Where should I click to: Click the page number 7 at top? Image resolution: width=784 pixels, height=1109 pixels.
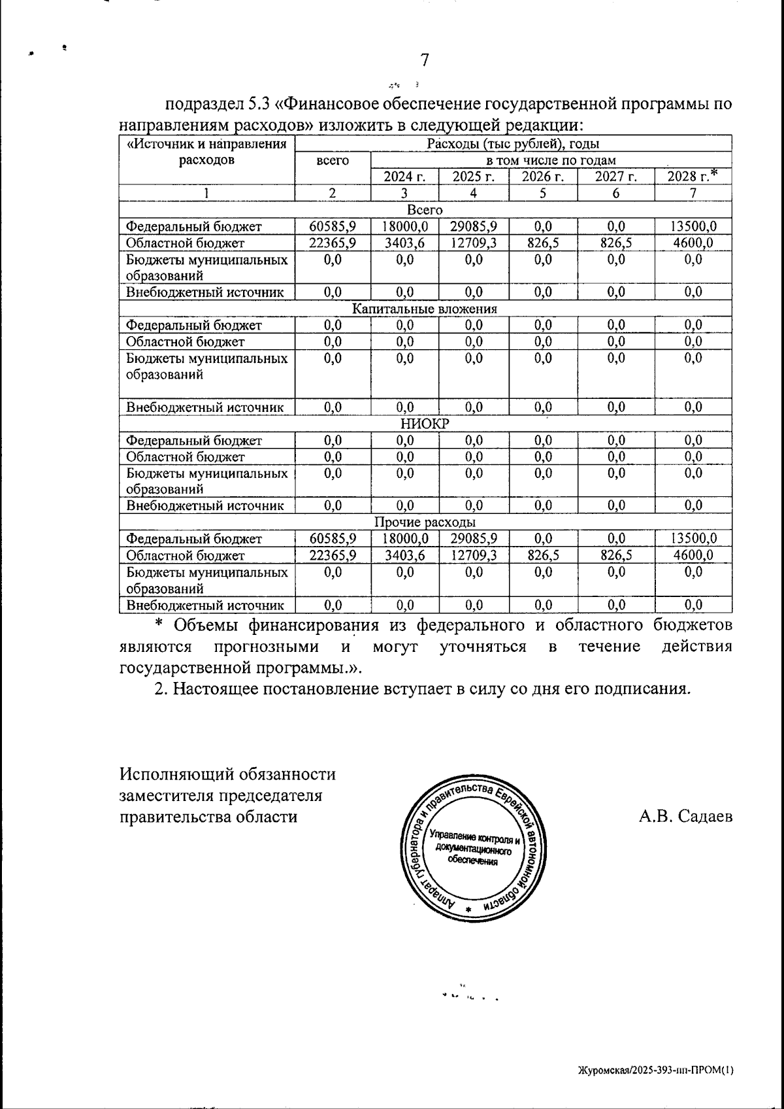pos(424,60)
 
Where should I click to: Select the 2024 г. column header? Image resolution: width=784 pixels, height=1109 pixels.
pos(404,177)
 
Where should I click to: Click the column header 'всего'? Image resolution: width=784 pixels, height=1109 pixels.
pos(333,161)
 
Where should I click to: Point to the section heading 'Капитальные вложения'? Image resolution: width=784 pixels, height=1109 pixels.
pos(425,309)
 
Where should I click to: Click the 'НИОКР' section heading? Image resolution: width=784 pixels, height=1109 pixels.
pos(425,424)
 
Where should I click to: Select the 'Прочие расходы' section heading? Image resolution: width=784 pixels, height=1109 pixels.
pos(425,522)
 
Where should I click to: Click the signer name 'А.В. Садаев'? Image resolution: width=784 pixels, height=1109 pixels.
pos(685,817)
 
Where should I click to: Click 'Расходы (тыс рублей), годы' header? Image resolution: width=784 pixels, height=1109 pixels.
pos(513,144)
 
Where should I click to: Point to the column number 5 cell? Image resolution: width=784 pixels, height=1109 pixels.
pos(543,193)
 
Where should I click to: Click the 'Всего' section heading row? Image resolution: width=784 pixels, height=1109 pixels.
pos(425,210)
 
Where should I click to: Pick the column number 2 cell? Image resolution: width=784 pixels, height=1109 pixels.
pos(333,193)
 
